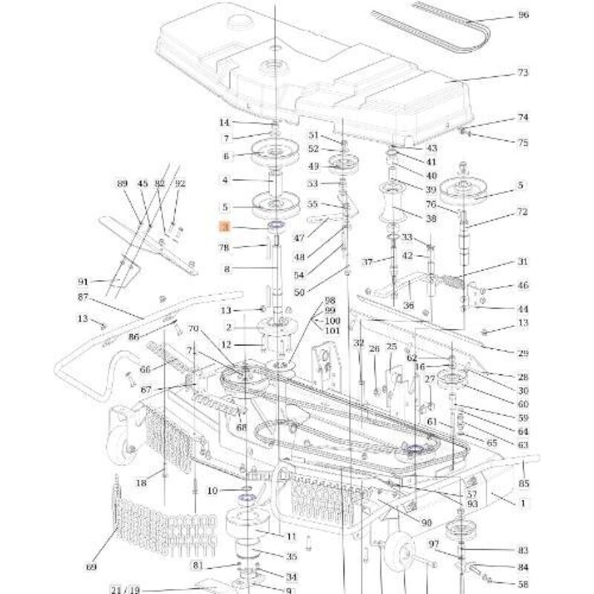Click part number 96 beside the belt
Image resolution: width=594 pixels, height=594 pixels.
point(523,16)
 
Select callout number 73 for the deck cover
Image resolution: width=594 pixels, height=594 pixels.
point(523,73)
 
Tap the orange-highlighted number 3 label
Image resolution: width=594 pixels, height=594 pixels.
point(224,229)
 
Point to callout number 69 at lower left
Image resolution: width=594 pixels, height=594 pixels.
point(91,568)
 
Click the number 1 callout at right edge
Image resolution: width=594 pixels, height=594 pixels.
point(523,503)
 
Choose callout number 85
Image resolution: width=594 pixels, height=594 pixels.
point(523,483)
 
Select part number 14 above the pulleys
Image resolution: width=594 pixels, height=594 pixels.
point(224,123)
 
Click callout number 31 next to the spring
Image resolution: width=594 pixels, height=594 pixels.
point(523,262)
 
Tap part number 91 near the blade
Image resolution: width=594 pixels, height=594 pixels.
point(83,282)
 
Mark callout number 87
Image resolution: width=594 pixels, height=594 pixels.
point(82,297)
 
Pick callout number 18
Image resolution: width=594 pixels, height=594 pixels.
point(141,483)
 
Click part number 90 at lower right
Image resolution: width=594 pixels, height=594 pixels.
point(426,523)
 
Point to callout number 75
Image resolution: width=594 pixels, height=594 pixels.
point(523,143)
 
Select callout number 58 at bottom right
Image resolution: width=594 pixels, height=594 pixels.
point(523,585)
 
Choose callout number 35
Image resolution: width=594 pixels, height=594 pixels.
point(291,557)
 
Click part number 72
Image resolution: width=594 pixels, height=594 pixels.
point(523,212)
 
